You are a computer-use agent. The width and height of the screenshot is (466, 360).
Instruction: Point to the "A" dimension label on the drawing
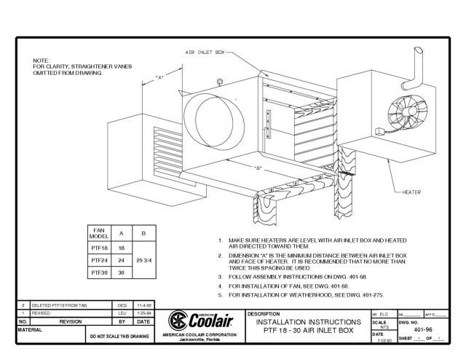click(x=159, y=77)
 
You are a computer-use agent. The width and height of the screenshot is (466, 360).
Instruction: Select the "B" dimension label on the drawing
click(x=259, y=168)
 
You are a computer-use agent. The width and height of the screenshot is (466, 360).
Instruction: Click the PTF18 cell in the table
click(x=100, y=248)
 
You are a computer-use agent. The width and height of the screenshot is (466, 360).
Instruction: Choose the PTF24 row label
click(x=100, y=259)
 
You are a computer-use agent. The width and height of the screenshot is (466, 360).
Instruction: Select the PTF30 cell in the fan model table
click(x=100, y=272)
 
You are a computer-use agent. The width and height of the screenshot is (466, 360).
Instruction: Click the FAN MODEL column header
click(x=100, y=234)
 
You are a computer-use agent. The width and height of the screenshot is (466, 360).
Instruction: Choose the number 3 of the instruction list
click(x=221, y=277)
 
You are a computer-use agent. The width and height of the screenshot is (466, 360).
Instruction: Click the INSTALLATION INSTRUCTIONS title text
click(x=305, y=321)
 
